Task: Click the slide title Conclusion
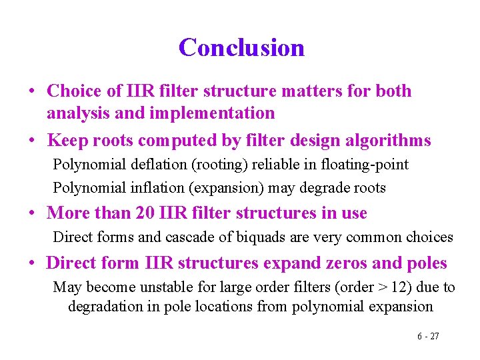coord(241,47)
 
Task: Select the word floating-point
coord(365,164)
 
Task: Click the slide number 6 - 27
coord(428,336)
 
